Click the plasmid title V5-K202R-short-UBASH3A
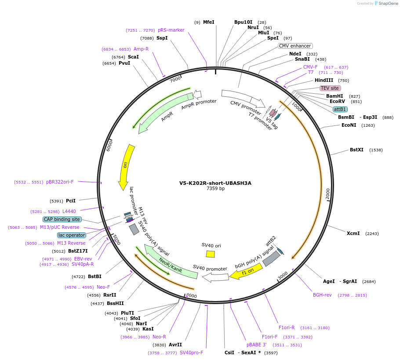pos(215,183)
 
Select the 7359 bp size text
pos(215,189)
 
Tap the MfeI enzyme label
pos(208,22)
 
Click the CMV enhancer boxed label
pos(295,46)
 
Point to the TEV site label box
pos(330,88)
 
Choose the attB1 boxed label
pos(340,109)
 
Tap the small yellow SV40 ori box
pos(210,254)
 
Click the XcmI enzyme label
pos(353,233)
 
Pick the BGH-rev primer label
pos(322,295)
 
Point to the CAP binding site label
pos(62,219)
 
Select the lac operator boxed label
pos(72,235)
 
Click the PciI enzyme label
pos(71,201)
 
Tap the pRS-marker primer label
pos(171,30)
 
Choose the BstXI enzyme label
pos(356,150)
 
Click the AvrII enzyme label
pos(175,345)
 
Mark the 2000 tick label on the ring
pos(327,194)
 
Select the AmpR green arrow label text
pos(167,116)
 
